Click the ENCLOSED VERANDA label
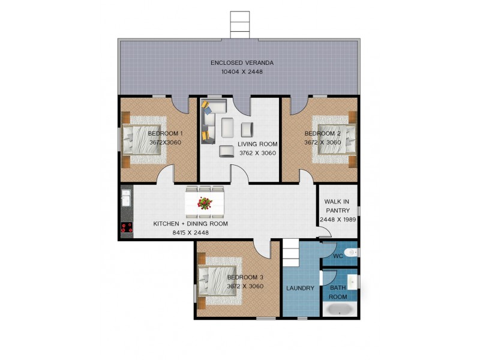[242, 63]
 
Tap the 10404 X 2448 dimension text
[242, 72]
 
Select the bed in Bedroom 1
[142, 140]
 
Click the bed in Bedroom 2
[337, 139]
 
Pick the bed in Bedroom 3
[218, 281]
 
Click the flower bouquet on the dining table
[205, 203]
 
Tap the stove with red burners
[127, 228]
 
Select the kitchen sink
[126, 198]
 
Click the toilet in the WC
[350, 253]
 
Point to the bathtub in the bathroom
[340, 309]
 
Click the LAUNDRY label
[301, 288]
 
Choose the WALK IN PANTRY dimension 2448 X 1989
[338, 220]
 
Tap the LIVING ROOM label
[257, 144]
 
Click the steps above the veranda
[240, 25]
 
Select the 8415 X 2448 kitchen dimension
[190, 233]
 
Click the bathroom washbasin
[353, 281]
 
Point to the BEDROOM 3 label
[245, 277]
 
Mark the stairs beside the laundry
[291, 253]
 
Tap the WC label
[338, 256]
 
